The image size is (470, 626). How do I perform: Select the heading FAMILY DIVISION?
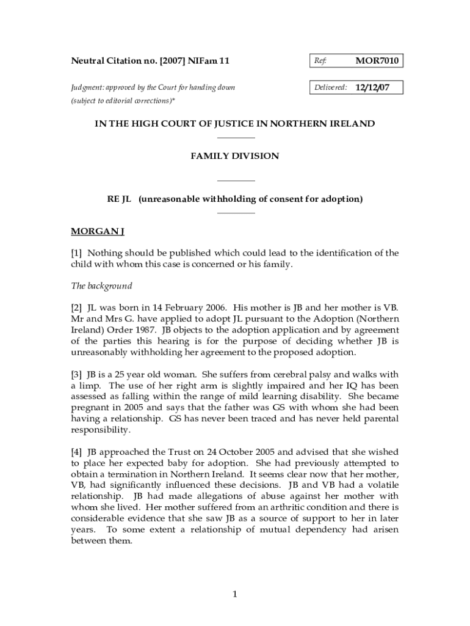click(235, 156)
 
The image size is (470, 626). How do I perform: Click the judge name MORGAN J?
click(98, 232)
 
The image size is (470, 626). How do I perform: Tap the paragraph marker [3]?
click(77, 374)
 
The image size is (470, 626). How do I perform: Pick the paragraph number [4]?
click(77, 452)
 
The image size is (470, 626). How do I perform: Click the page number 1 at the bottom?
click(235, 594)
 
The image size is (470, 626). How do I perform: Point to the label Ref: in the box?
click(320, 61)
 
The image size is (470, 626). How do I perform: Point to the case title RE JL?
click(120, 199)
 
